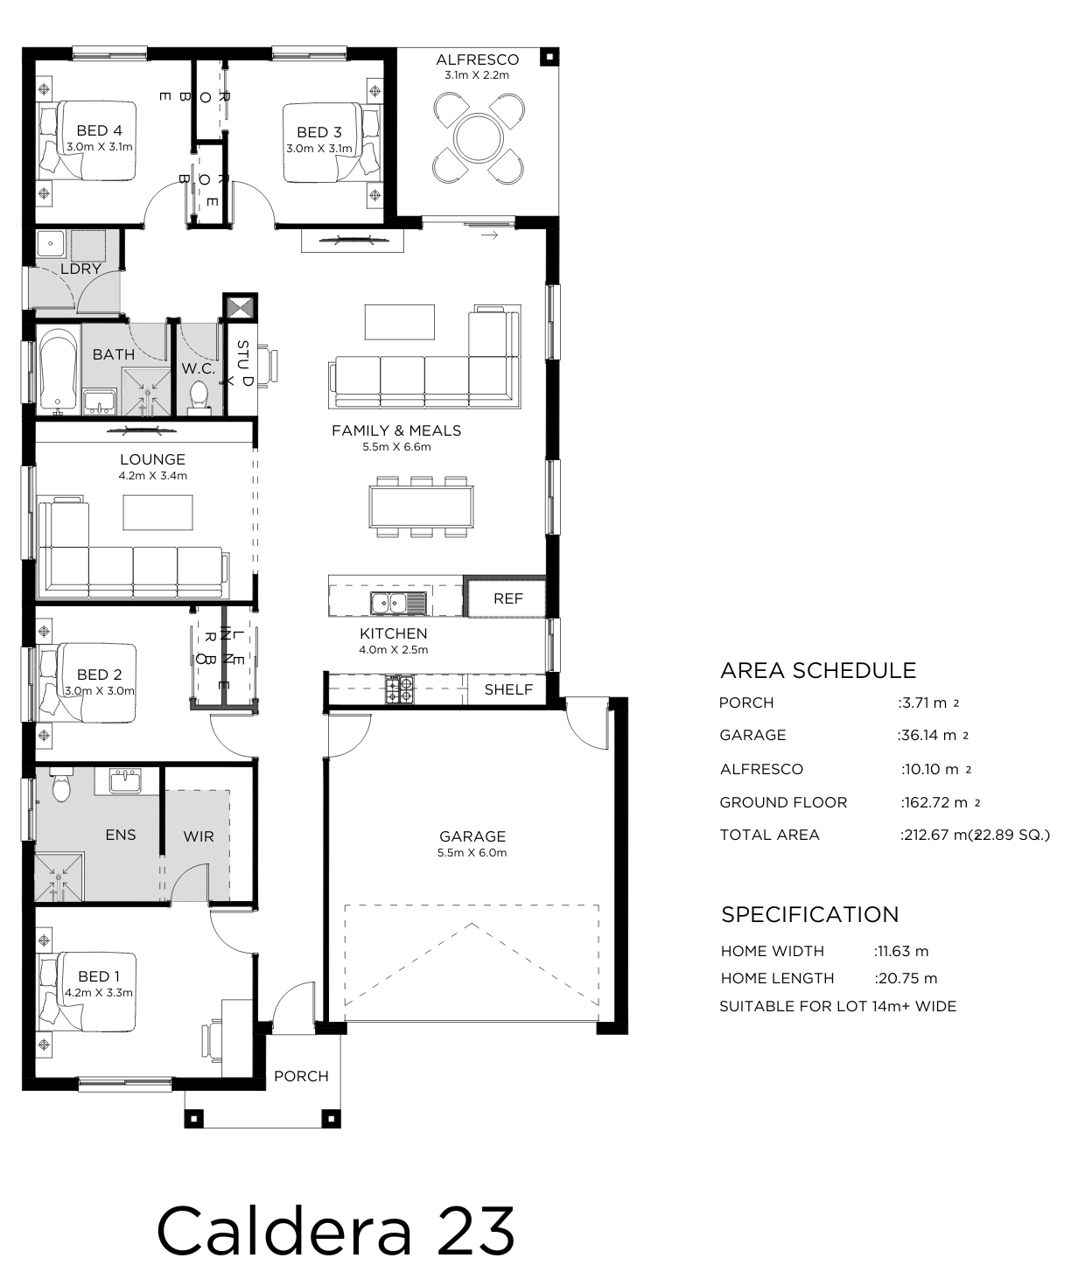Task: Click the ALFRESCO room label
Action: pos(477,60)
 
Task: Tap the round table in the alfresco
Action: pos(479,138)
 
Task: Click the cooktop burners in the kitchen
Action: pos(400,689)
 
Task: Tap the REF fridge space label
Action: pos(507,598)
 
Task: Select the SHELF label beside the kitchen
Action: pos(507,689)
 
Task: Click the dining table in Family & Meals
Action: pos(421,507)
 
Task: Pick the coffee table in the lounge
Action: pos(157,512)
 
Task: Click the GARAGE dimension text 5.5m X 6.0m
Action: pos(472,853)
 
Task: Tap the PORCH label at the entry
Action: pos(301,1076)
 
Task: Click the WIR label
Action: pos(199,836)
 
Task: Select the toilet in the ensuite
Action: pos(61,786)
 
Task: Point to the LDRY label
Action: pos(80,269)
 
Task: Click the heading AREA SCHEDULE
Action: pos(818,671)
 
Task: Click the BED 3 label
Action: pos(318,132)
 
